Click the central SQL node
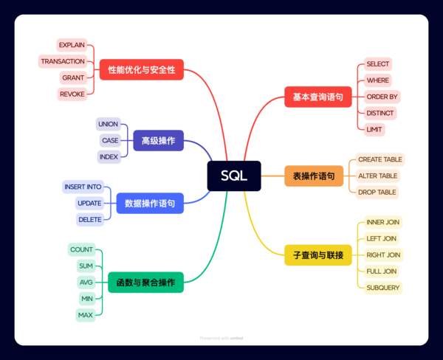coord(234,176)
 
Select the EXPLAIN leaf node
coord(72,45)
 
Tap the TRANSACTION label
coord(63,61)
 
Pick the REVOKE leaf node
coord(72,94)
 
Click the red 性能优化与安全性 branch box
coord(141,70)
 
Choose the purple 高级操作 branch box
coord(158,140)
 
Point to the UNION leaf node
coord(108,124)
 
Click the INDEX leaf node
coord(109,156)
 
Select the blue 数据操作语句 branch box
coord(150,203)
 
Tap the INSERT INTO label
coord(83,187)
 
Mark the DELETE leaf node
coord(89,219)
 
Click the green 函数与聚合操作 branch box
coord(145,283)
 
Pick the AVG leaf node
coord(86,283)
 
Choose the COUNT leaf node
coord(81,249)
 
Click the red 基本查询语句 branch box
coord(317,97)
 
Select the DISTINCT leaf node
coord(380,113)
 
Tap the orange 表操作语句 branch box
coord(313,176)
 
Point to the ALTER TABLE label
coord(377,176)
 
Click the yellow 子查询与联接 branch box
coord(317,255)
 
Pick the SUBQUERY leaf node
coord(383,288)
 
